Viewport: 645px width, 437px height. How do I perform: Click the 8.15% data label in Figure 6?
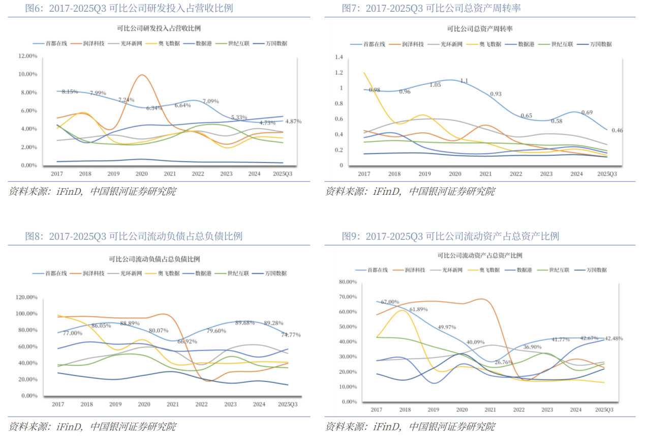tap(70, 92)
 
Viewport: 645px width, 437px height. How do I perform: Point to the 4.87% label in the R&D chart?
tap(293, 122)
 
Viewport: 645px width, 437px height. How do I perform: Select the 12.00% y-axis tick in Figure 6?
tap(27, 56)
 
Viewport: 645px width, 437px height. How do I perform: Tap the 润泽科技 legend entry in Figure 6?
tap(94, 44)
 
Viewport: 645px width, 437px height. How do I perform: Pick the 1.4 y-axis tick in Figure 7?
tap(340, 57)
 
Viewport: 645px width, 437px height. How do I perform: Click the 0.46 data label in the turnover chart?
tap(617, 130)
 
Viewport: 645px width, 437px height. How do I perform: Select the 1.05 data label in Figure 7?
tap(435, 84)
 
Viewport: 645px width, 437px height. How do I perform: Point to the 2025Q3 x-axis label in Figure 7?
tap(607, 174)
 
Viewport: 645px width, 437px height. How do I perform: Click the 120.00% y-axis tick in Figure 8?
tap(27, 297)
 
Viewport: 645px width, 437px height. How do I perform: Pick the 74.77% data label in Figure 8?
tap(291, 335)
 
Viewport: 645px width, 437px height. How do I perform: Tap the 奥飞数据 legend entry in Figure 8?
tap(168, 273)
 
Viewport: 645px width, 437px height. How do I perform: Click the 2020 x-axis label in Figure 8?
tap(144, 404)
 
